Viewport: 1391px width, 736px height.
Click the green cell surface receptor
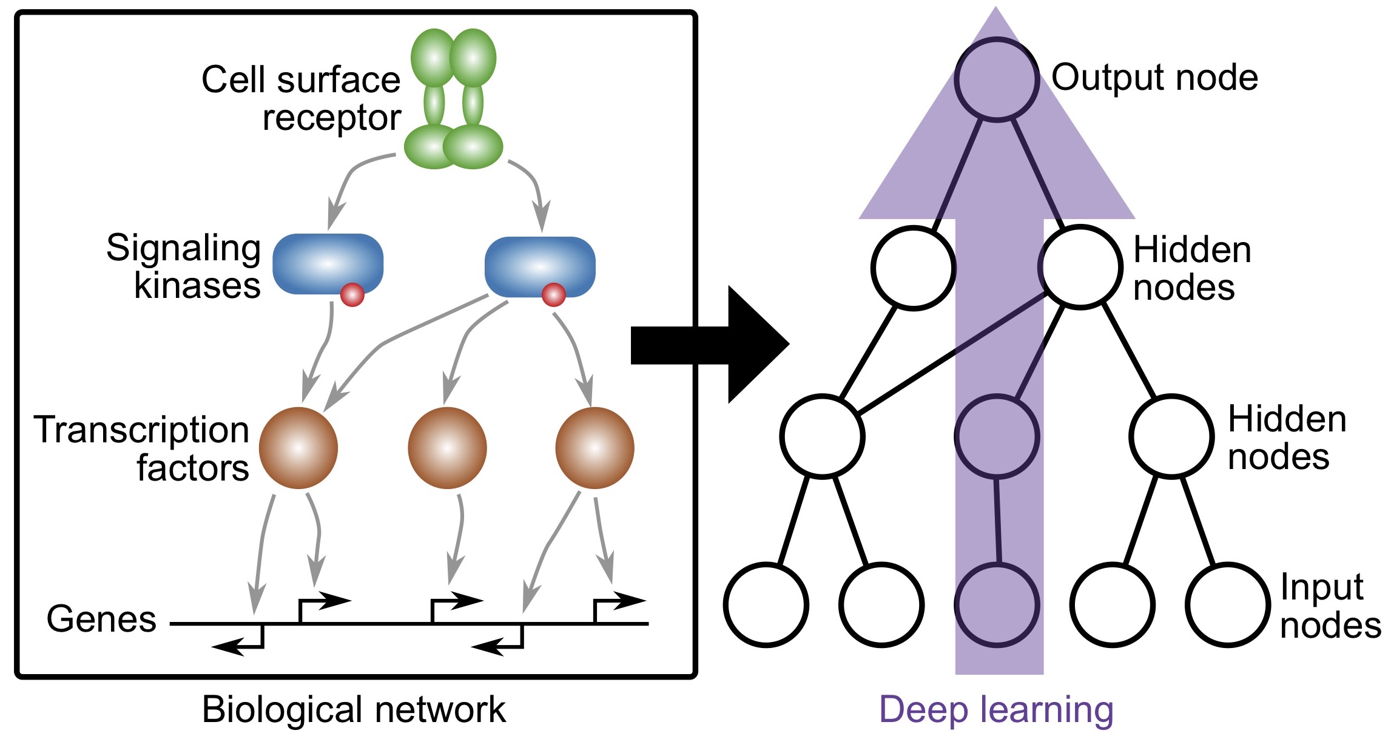pyautogui.click(x=453, y=100)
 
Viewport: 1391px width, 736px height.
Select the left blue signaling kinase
pyautogui.click(x=328, y=264)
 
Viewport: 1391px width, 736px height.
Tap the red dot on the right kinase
pyautogui.click(x=553, y=295)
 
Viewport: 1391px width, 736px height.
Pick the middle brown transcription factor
pyautogui.click(x=447, y=448)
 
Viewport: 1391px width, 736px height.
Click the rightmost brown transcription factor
pyautogui.click(x=594, y=448)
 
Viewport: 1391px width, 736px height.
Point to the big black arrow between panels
pyautogui.click(x=710, y=345)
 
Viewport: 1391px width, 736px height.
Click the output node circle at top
pyautogui.click(x=997, y=79)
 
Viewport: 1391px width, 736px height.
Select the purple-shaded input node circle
pyautogui.click(x=997, y=604)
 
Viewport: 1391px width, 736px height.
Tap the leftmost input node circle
pyautogui.click(x=766, y=604)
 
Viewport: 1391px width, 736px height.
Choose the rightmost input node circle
pyautogui.click(x=1227, y=604)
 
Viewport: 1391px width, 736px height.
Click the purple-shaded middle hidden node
pyautogui.click(x=997, y=436)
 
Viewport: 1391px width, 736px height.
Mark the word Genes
pyautogui.click(x=101, y=619)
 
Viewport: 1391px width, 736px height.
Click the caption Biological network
pyautogui.click(x=354, y=709)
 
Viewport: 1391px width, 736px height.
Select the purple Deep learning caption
pyautogui.click(x=996, y=709)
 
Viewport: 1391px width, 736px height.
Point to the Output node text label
pyautogui.click(x=1154, y=78)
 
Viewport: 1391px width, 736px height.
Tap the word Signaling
pyautogui.click(x=183, y=249)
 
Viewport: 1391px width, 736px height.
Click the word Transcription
pyautogui.click(x=141, y=430)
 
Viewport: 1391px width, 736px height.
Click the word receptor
pyautogui.click(x=331, y=118)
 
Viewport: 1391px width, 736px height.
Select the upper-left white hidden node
pyautogui.click(x=913, y=268)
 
